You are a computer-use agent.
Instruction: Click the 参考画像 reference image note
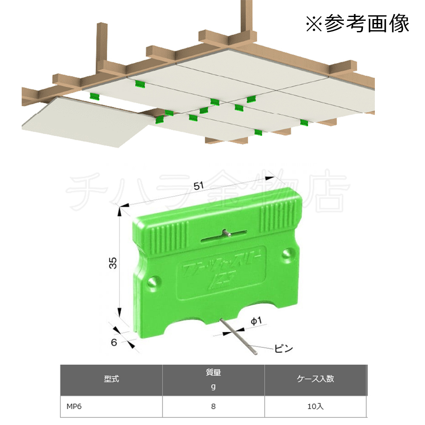point(357,24)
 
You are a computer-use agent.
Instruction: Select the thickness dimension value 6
point(114,341)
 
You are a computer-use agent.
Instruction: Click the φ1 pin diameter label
point(255,322)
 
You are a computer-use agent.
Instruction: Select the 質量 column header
point(213,374)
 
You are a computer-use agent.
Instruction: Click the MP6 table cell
point(74,406)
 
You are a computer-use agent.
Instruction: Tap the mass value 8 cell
point(213,406)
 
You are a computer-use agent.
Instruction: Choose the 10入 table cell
point(315,406)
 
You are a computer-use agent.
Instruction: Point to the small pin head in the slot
point(226,233)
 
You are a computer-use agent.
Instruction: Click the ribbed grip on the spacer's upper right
point(277,215)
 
